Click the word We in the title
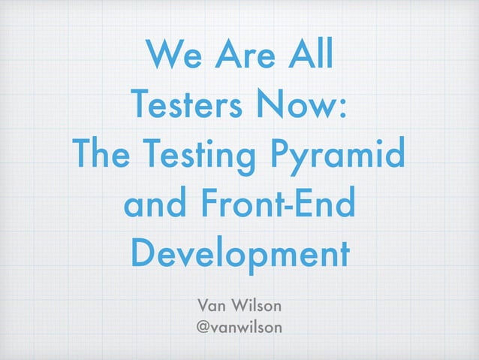[x=173, y=54]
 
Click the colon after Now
[x=342, y=110]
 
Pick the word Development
[x=239, y=256]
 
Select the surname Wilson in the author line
[x=259, y=305]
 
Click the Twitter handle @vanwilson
[x=239, y=328]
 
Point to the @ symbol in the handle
[x=203, y=328]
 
